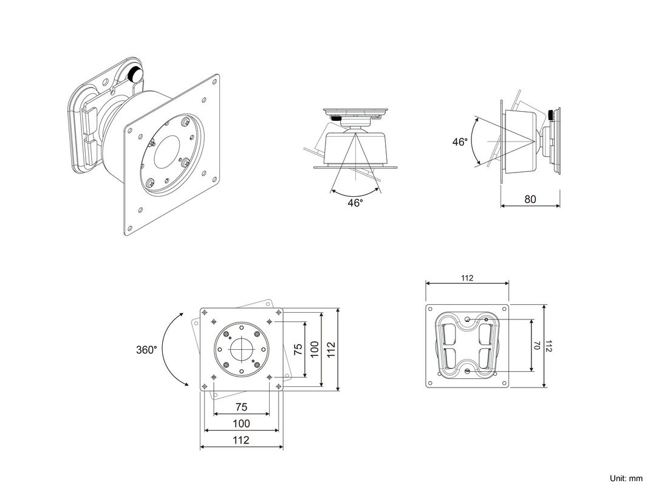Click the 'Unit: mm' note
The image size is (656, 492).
pyautogui.click(x=626, y=478)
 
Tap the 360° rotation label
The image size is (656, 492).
pyautogui.click(x=146, y=350)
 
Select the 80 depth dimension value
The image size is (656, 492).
pyautogui.click(x=530, y=199)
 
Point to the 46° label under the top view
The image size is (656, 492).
pyautogui.click(x=355, y=203)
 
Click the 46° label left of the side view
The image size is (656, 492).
pyautogui.click(x=460, y=142)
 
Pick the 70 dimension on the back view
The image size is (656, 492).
pyautogui.click(x=537, y=346)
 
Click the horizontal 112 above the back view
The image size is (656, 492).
pyautogui.click(x=466, y=278)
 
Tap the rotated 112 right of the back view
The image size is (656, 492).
pyautogui.click(x=549, y=346)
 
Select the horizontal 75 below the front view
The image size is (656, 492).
pyautogui.click(x=241, y=408)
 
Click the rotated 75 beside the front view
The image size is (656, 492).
pyautogui.click(x=298, y=349)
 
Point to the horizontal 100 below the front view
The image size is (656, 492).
pyautogui.click(x=241, y=423)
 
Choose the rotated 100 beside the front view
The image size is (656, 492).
pyautogui.click(x=315, y=349)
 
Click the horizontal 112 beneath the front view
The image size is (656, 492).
pyautogui.click(x=241, y=440)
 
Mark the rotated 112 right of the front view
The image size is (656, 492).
pyautogui.click(x=331, y=349)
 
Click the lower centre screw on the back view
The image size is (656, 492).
pyautogui.click(x=466, y=371)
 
